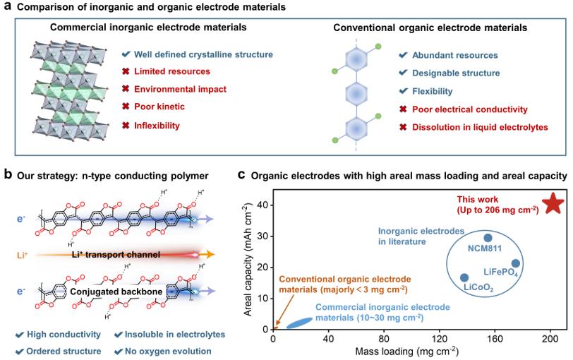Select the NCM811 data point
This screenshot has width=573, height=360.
click(487, 238)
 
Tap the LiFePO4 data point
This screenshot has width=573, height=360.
click(516, 263)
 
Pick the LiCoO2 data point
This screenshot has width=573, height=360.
click(464, 278)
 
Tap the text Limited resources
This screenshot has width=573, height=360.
click(171, 72)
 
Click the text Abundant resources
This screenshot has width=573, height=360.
click(457, 55)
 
